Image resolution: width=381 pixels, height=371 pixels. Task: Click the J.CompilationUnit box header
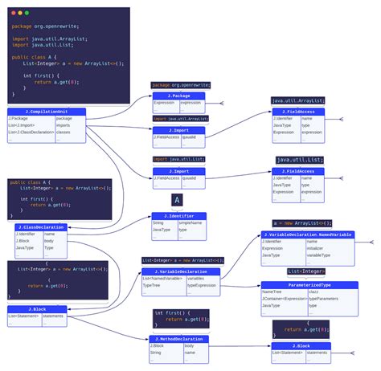coord(47,112)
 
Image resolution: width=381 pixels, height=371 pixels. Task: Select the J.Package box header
coord(178,96)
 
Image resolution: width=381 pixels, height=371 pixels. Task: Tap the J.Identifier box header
coord(178,216)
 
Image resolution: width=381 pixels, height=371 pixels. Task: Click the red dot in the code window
coord(12,14)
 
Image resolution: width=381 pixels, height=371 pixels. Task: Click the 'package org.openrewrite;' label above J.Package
coord(181,84)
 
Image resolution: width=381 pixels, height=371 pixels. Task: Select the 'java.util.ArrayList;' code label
coord(298,100)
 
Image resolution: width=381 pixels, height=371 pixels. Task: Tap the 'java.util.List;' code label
coord(297,160)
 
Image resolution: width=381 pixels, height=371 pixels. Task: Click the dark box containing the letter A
coord(178,200)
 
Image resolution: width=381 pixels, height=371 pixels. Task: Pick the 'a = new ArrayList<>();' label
coord(302,222)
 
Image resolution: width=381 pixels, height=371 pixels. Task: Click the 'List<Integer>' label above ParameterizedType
coord(306,271)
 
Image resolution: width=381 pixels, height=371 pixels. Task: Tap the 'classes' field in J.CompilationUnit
coord(64,132)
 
